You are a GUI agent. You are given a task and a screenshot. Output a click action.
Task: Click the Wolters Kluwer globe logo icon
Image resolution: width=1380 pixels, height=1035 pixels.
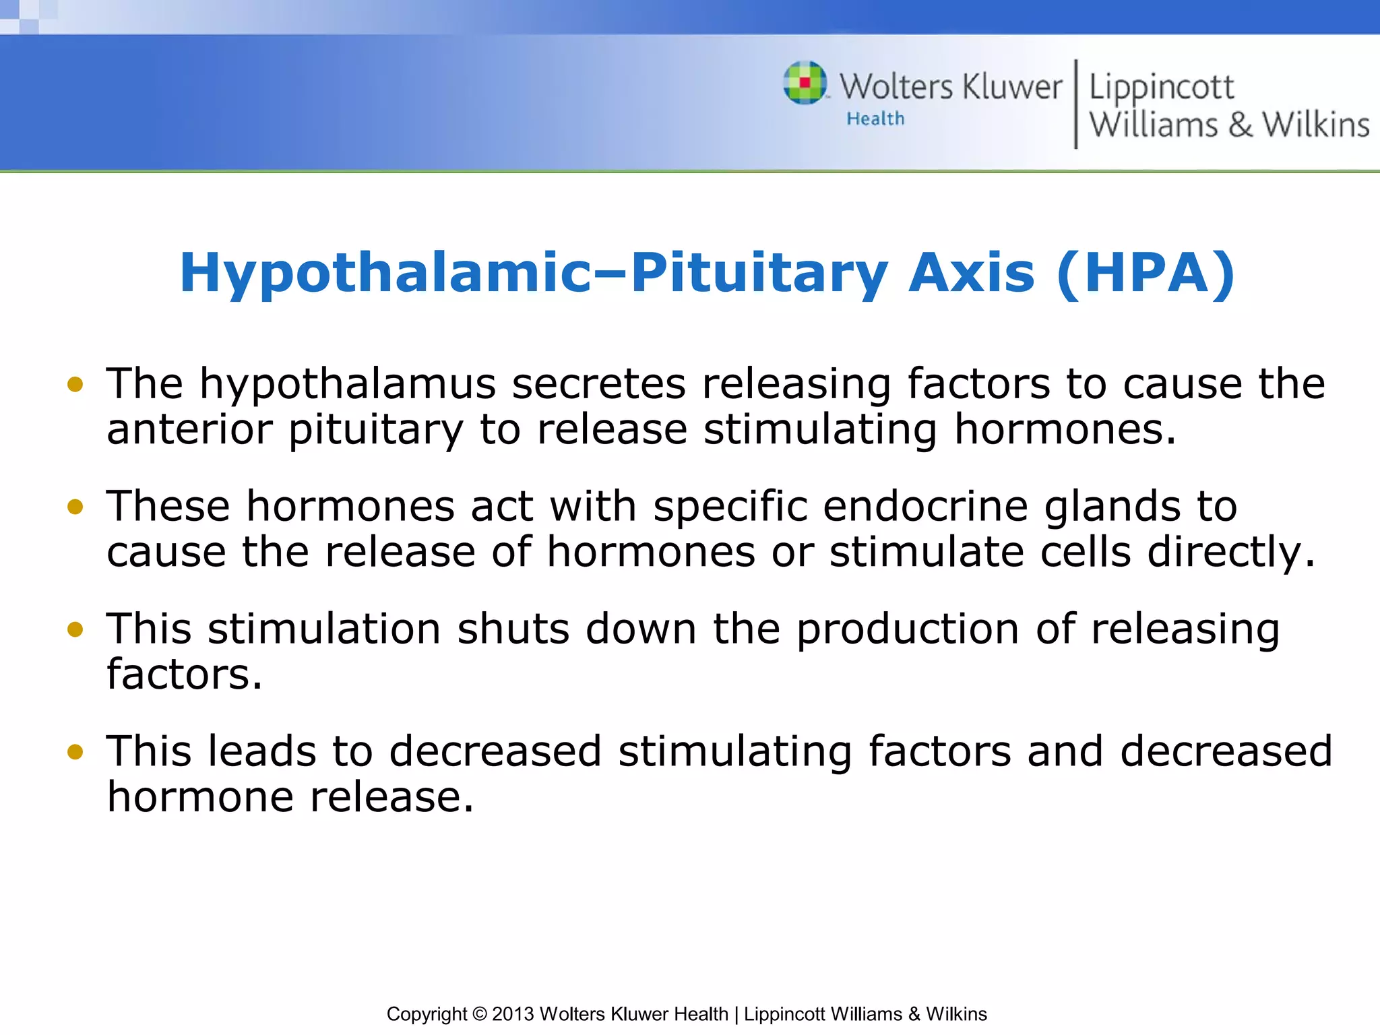click(x=805, y=83)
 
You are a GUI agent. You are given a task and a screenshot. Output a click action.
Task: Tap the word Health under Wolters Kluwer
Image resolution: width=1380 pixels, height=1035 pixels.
click(x=875, y=119)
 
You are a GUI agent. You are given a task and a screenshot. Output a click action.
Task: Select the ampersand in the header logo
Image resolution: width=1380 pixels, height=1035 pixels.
click(x=1240, y=125)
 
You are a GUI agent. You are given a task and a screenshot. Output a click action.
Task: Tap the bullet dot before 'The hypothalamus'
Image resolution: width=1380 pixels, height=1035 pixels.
click(x=75, y=384)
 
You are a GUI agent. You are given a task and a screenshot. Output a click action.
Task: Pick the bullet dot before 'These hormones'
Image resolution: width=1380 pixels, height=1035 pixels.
click(x=75, y=507)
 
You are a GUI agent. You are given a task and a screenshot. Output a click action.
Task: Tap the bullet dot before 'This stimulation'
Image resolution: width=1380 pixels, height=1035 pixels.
click(x=75, y=629)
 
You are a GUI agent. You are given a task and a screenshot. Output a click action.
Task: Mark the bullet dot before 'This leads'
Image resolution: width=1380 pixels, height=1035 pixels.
click(x=75, y=752)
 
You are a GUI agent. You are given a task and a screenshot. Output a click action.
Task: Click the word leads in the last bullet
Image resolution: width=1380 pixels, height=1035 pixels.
click(x=262, y=752)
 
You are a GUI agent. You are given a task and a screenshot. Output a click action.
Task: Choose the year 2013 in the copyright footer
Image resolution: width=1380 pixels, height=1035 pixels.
click(x=513, y=1014)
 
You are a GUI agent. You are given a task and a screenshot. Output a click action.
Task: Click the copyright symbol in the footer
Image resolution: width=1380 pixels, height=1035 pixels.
click(x=479, y=1014)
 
